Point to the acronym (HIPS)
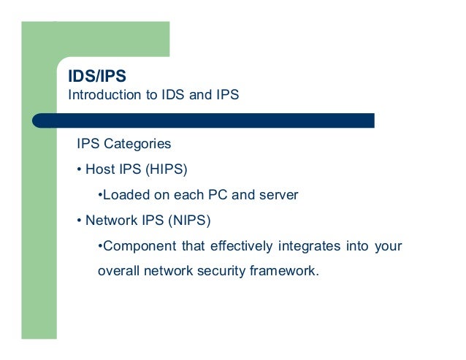pos(166,169)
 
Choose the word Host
pos(101,169)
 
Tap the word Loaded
pos(124,195)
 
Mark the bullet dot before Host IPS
pos(79,170)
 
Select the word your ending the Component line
pos(387,246)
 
